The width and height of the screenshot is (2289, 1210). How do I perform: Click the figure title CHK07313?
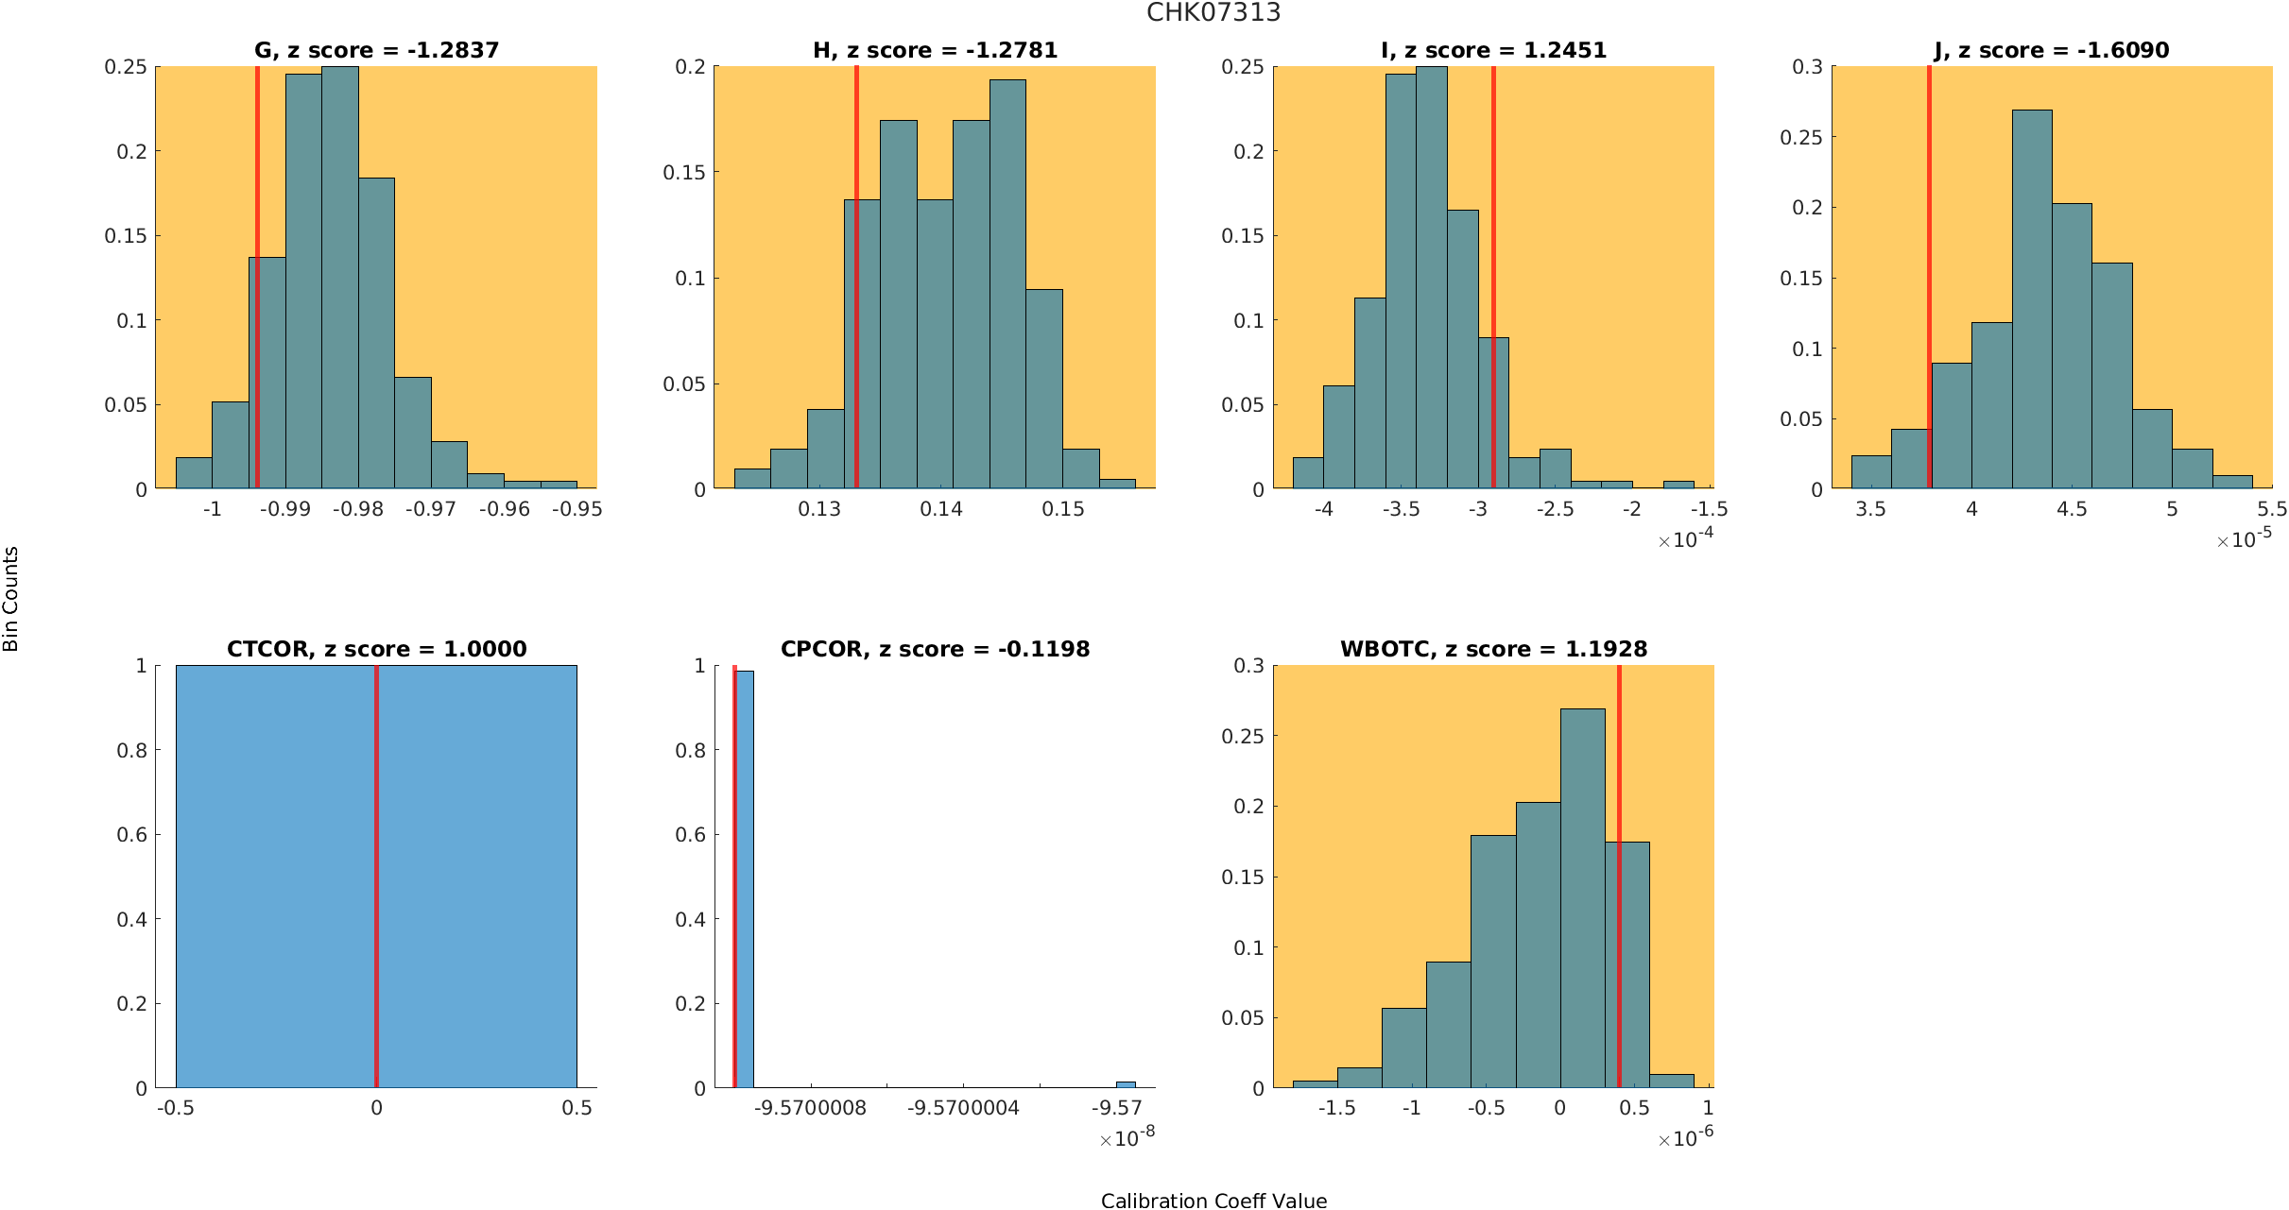click(1213, 13)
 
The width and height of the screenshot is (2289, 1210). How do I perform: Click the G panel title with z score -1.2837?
click(376, 50)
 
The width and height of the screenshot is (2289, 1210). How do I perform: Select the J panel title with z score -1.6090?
click(2051, 50)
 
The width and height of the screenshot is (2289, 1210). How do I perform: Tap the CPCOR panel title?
click(935, 649)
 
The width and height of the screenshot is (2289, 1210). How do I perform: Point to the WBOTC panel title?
click(1493, 649)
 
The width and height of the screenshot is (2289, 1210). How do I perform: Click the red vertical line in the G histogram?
click(257, 283)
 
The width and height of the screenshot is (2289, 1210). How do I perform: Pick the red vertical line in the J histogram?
click(1929, 283)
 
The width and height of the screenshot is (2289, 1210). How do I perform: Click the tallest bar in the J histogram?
click(2032, 302)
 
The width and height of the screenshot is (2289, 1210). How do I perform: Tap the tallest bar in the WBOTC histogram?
click(1582, 897)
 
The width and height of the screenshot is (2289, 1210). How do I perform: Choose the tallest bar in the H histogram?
click(1007, 283)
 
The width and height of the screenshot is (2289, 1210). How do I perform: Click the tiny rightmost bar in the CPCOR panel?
click(1126, 1084)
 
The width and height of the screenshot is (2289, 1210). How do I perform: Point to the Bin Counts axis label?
click(11, 599)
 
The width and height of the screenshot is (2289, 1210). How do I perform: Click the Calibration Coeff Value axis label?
click(1213, 1201)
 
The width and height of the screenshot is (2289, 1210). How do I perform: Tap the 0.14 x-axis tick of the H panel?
click(941, 509)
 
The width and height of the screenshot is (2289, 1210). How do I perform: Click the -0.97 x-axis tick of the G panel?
click(431, 509)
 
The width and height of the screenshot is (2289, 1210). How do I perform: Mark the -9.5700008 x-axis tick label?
click(811, 1108)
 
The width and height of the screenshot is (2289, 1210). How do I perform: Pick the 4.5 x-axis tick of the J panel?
click(2072, 509)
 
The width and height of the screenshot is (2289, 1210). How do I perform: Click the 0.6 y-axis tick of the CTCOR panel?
click(131, 835)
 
